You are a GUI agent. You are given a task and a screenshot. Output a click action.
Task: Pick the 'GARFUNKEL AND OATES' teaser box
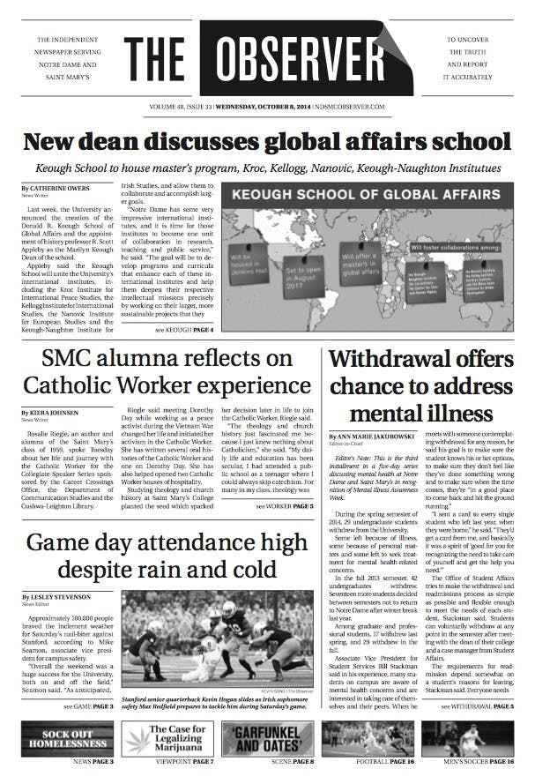click(x=266, y=738)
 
